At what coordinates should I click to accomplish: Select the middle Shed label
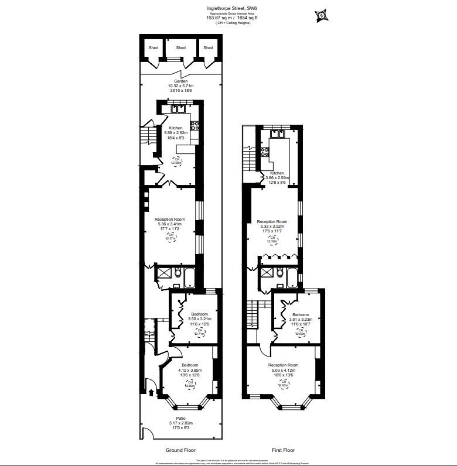coord(180,48)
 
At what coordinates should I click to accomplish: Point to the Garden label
coord(180,81)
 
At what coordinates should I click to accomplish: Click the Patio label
coord(180,418)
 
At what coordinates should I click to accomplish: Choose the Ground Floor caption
coord(180,450)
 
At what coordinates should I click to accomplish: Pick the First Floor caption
coord(283,450)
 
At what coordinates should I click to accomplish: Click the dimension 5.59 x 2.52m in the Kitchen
coord(176,132)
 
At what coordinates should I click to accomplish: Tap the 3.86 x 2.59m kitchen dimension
coord(277,178)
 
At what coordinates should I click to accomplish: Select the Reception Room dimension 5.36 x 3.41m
coord(170,224)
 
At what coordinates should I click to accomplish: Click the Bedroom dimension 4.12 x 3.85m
coord(189,370)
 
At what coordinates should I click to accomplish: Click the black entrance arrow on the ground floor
coord(151,393)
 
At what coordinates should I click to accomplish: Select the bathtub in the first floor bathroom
coord(291,275)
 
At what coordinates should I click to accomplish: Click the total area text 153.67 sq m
coord(216,18)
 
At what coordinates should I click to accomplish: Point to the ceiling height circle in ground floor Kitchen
coord(176,161)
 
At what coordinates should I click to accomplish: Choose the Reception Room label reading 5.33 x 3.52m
coord(272,227)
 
